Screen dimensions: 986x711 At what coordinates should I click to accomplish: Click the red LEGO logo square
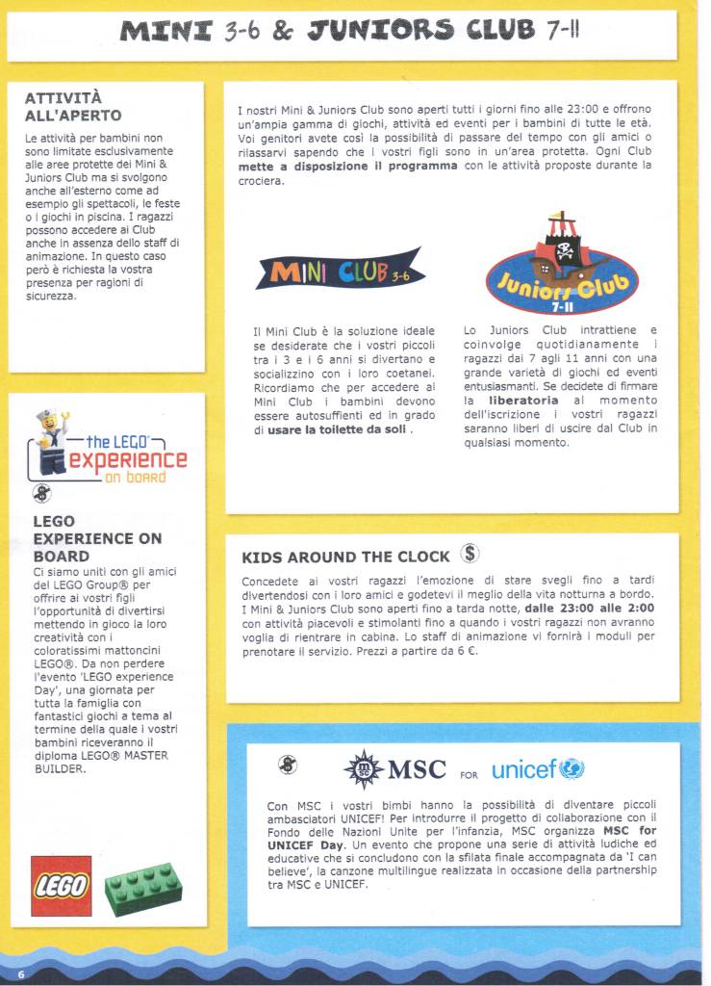[x=62, y=885]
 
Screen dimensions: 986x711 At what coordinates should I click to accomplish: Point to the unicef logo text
[x=525, y=769]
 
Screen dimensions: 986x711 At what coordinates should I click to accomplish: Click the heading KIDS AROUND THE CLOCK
[x=345, y=557]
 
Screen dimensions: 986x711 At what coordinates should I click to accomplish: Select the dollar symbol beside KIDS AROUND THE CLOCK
[x=469, y=554]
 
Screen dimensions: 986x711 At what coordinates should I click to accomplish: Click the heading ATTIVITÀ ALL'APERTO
[x=73, y=107]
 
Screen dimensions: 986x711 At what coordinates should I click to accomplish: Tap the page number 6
[x=20, y=974]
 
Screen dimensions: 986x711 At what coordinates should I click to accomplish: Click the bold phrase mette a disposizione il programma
[x=347, y=166]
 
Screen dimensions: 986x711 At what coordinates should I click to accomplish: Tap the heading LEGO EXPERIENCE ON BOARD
[x=97, y=538]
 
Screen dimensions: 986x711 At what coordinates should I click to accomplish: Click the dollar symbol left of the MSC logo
[x=287, y=764]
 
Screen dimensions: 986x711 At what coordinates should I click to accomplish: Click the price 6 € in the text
[x=468, y=651]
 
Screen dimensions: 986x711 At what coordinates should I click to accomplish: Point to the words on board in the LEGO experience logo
[x=134, y=477]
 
